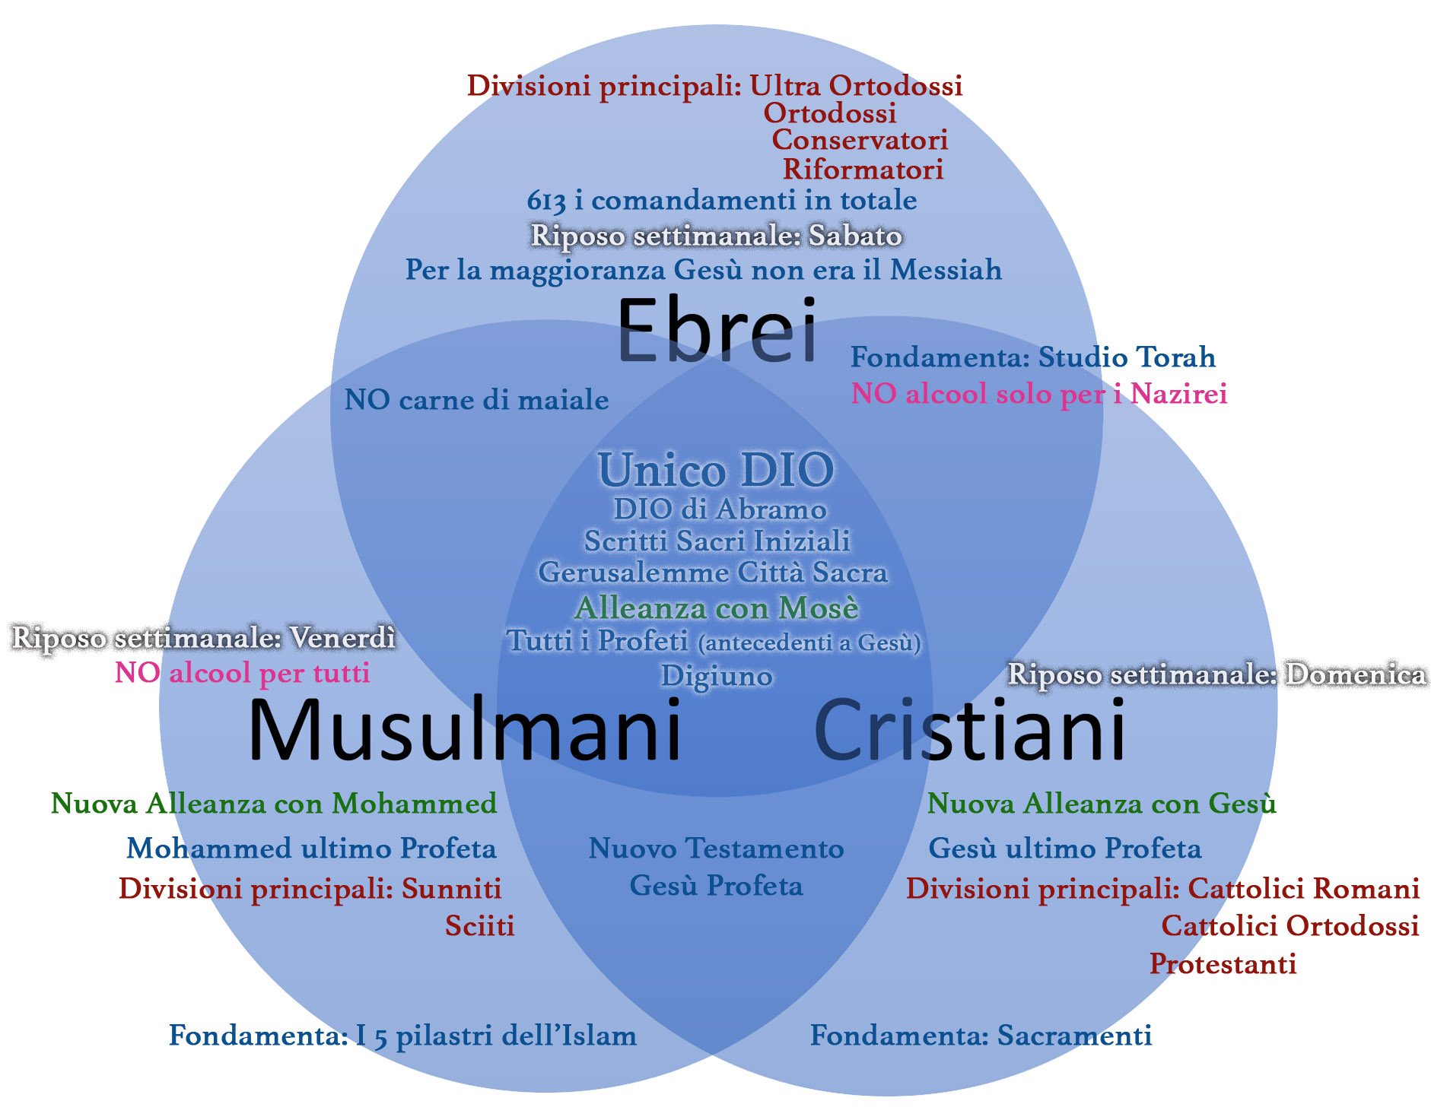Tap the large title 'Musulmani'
click(x=464, y=731)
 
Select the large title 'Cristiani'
click(x=969, y=731)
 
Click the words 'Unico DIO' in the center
click(x=716, y=470)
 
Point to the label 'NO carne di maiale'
click(x=476, y=400)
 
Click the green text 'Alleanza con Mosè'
click(x=717, y=608)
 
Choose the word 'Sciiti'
click(x=479, y=925)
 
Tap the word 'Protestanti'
click(x=1223, y=963)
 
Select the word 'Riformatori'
click(x=863, y=169)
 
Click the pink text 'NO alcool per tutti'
click(x=242, y=673)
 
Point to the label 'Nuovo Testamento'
click(x=716, y=848)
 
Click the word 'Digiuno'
click(x=717, y=675)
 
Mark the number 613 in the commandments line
click(x=546, y=201)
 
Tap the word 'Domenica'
click(x=1356, y=674)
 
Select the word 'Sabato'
click(x=855, y=236)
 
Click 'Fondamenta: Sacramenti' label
click(x=981, y=1035)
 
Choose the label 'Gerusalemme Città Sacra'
click(x=713, y=572)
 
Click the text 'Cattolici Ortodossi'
click(x=1289, y=925)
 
